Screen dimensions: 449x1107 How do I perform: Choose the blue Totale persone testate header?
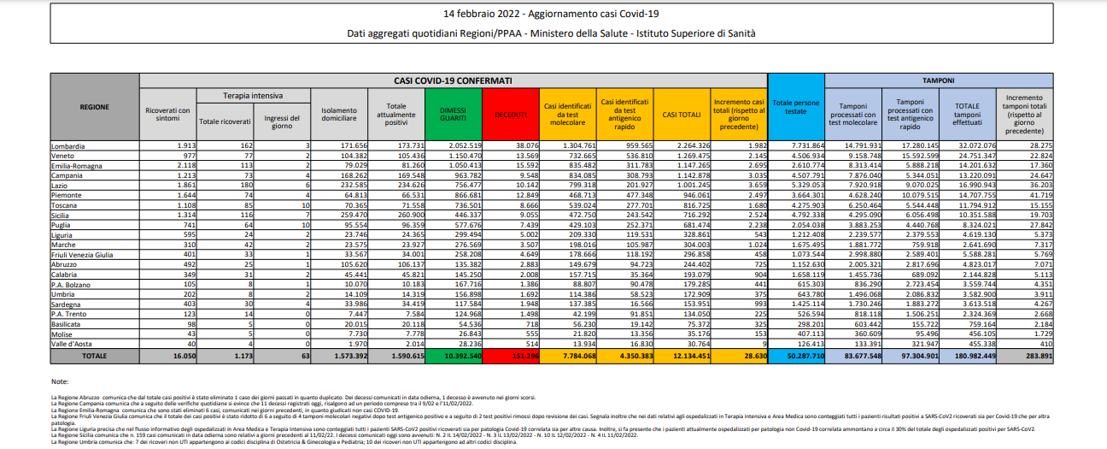[x=796, y=107]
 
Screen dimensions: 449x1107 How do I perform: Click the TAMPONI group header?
[x=938, y=80]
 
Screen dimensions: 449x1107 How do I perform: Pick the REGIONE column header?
[x=94, y=107]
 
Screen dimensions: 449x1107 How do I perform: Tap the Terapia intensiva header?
[x=253, y=95]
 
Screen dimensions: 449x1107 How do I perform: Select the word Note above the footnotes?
[x=60, y=381]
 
